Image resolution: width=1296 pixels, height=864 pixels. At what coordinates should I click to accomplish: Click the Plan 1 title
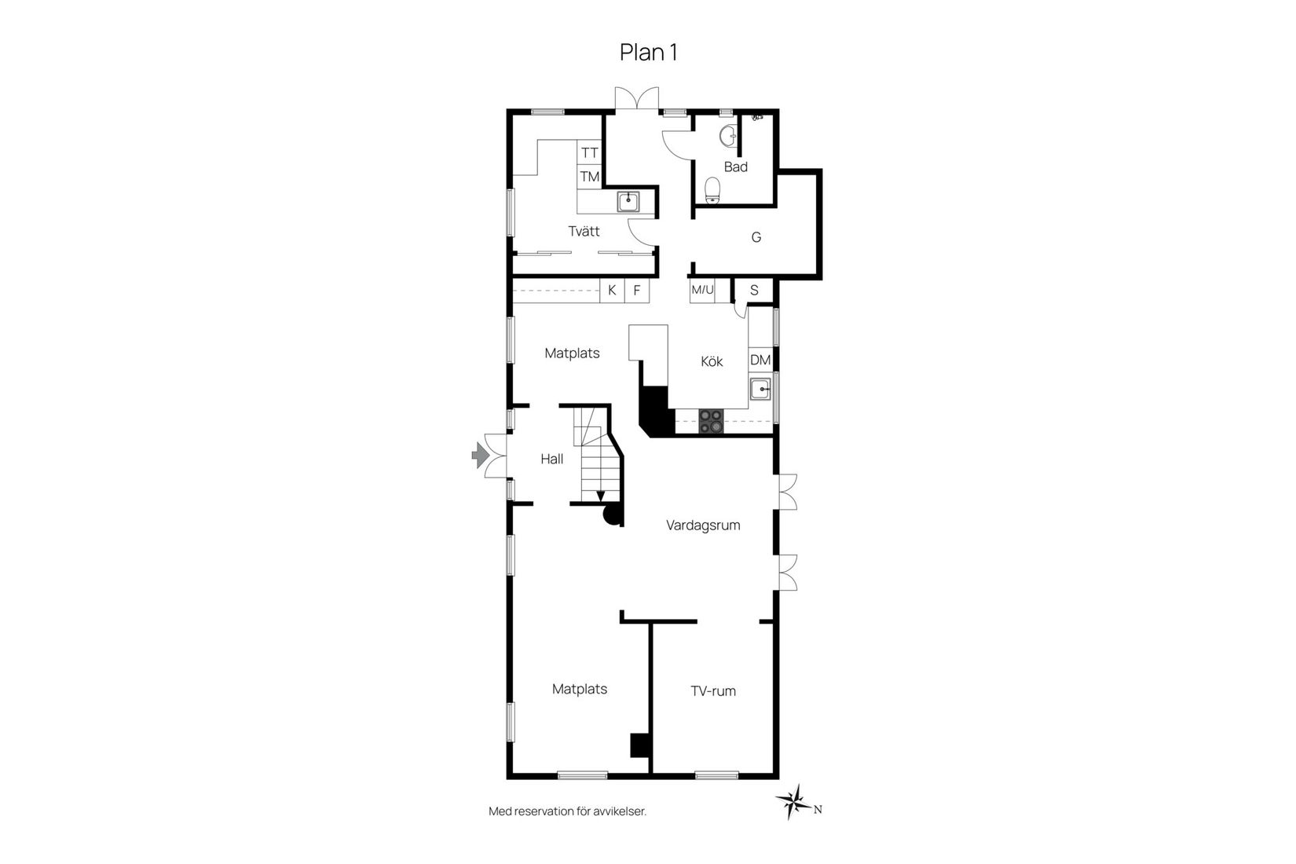[x=648, y=53]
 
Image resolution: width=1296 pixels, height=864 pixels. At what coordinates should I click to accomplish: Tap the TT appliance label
[x=590, y=153]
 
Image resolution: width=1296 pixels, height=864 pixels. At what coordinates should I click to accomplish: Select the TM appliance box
[x=590, y=177]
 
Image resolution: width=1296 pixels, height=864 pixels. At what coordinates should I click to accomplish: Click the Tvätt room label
[x=584, y=231]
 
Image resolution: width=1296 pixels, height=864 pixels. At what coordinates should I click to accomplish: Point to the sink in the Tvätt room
[x=628, y=202]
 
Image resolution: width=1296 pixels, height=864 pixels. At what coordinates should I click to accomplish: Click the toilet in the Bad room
[x=712, y=189]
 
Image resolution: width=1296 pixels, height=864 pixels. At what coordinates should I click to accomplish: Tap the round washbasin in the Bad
[x=728, y=137]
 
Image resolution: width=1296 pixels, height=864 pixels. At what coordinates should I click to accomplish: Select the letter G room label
[x=756, y=237]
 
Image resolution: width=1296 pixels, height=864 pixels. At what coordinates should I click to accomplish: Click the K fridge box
[x=612, y=291]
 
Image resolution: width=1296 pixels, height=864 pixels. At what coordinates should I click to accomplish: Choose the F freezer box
[x=637, y=291]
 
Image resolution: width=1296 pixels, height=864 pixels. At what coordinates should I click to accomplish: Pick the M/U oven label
[x=702, y=291]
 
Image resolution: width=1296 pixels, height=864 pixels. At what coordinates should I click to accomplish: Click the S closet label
[x=754, y=291]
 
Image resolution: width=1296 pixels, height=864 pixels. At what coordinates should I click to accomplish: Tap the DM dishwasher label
[x=760, y=361]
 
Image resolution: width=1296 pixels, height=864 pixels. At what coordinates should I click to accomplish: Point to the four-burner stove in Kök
[x=711, y=421]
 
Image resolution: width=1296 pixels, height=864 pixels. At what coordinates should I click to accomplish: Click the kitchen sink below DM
[x=760, y=389]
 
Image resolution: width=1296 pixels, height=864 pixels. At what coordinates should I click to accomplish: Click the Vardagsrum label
[x=703, y=525]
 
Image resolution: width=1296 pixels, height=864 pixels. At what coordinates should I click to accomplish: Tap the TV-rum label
[x=713, y=691]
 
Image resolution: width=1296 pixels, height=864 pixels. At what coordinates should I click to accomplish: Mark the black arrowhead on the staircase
[x=601, y=496]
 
